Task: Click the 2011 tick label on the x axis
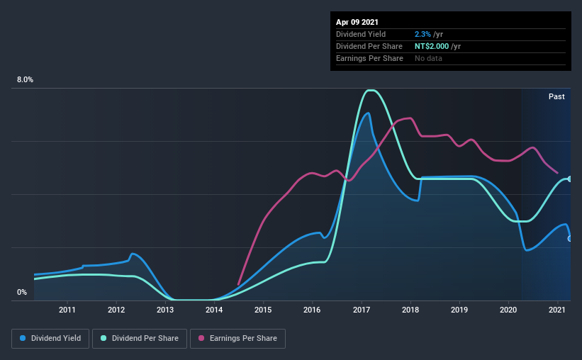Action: (67, 310)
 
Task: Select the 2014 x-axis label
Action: (214, 310)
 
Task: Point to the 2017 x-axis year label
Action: (362, 310)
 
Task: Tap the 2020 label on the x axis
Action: (508, 310)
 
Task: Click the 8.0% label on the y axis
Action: (25, 80)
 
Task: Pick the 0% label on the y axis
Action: (22, 292)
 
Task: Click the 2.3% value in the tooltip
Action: (421, 34)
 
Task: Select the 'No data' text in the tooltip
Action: (428, 58)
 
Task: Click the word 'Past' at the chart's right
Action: (556, 96)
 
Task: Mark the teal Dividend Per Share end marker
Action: (570, 179)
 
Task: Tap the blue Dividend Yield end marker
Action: (570, 239)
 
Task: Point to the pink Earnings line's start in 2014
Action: (238, 284)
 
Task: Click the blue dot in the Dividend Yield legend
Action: (23, 339)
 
